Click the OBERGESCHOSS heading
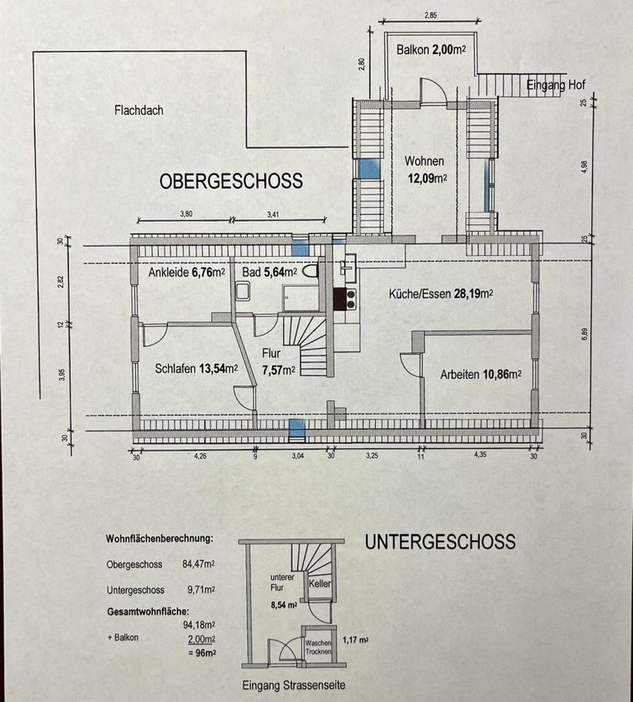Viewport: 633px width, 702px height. pyautogui.click(x=231, y=181)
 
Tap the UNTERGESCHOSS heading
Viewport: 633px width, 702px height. pyautogui.click(x=440, y=542)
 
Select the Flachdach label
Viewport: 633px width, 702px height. pyautogui.click(x=139, y=111)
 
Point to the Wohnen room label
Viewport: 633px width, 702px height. pyautogui.click(x=425, y=162)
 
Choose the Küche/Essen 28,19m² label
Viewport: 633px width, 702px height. pyautogui.click(x=441, y=294)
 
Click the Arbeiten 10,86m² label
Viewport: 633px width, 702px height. pyautogui.click(x=480, y=374)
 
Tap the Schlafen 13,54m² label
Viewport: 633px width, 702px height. pyautogui.click(x=197, y=369)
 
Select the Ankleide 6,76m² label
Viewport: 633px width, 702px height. pyautogui.click(x=186, y=273)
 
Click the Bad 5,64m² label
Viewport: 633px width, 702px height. pyautogui.click(x=270, y=273)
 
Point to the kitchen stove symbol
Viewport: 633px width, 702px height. pyautogui.click(x=344, y=299)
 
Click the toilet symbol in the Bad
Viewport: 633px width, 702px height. pyautogui.click(x=312, y=272)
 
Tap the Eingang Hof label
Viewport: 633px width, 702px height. pyautogui.click(x=556, y=86)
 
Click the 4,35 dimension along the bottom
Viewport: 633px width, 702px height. pyautogui.click(x=480, y=454)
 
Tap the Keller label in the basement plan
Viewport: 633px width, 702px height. pyautogui.click(x=321, y=584)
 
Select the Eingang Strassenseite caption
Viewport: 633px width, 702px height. pyautogui.click(x=293, y=686)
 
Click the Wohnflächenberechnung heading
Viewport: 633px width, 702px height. pyautogui.click(x=159, y=539)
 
